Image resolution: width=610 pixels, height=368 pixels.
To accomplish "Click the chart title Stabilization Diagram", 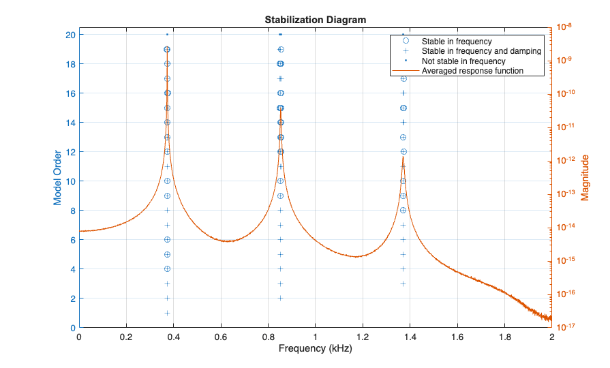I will point(315,20).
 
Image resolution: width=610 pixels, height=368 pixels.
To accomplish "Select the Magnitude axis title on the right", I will point(585,178).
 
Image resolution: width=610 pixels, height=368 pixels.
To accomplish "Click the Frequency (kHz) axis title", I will point(315,350).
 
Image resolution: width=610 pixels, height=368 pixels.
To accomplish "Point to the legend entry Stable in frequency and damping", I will point(481,50).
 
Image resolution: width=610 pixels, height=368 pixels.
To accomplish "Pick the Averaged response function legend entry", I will point(472,70).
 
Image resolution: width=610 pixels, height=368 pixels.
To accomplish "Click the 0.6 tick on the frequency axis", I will point(221,337).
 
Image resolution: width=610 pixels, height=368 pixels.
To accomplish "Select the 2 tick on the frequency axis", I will point(551,337).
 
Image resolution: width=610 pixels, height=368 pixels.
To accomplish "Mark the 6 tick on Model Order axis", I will point(71,240).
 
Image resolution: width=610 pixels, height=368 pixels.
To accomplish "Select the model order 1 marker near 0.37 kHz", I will point(167,313).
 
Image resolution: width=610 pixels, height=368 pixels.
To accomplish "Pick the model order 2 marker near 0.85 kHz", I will point(280,298).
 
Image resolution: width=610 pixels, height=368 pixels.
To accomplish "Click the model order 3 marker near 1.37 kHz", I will point(403,283).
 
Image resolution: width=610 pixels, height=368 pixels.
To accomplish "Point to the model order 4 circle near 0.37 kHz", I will point(167,269).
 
